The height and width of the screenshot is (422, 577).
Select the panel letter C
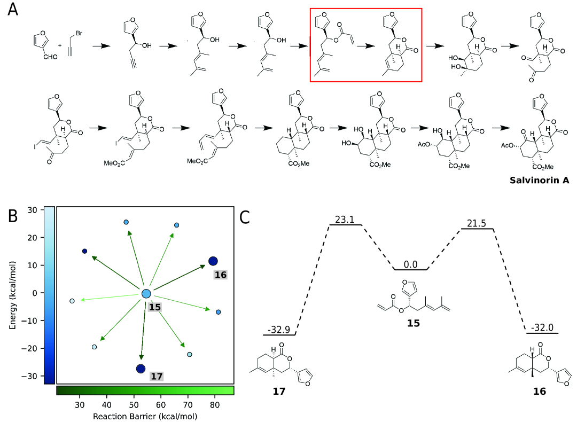tap(245, 216)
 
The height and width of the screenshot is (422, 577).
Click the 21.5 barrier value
tap(477, 222)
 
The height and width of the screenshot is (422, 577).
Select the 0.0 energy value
tap(410, 263)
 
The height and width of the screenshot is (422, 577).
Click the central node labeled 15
tap(146, 294)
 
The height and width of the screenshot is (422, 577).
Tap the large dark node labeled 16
tap(213, 261)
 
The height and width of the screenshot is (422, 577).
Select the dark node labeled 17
tap(141, 369)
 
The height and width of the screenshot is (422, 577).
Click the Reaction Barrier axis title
tap(145, 415)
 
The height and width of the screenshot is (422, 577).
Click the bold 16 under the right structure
tap(539, 391)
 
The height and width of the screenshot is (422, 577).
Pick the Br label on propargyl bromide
tap(79, 33)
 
